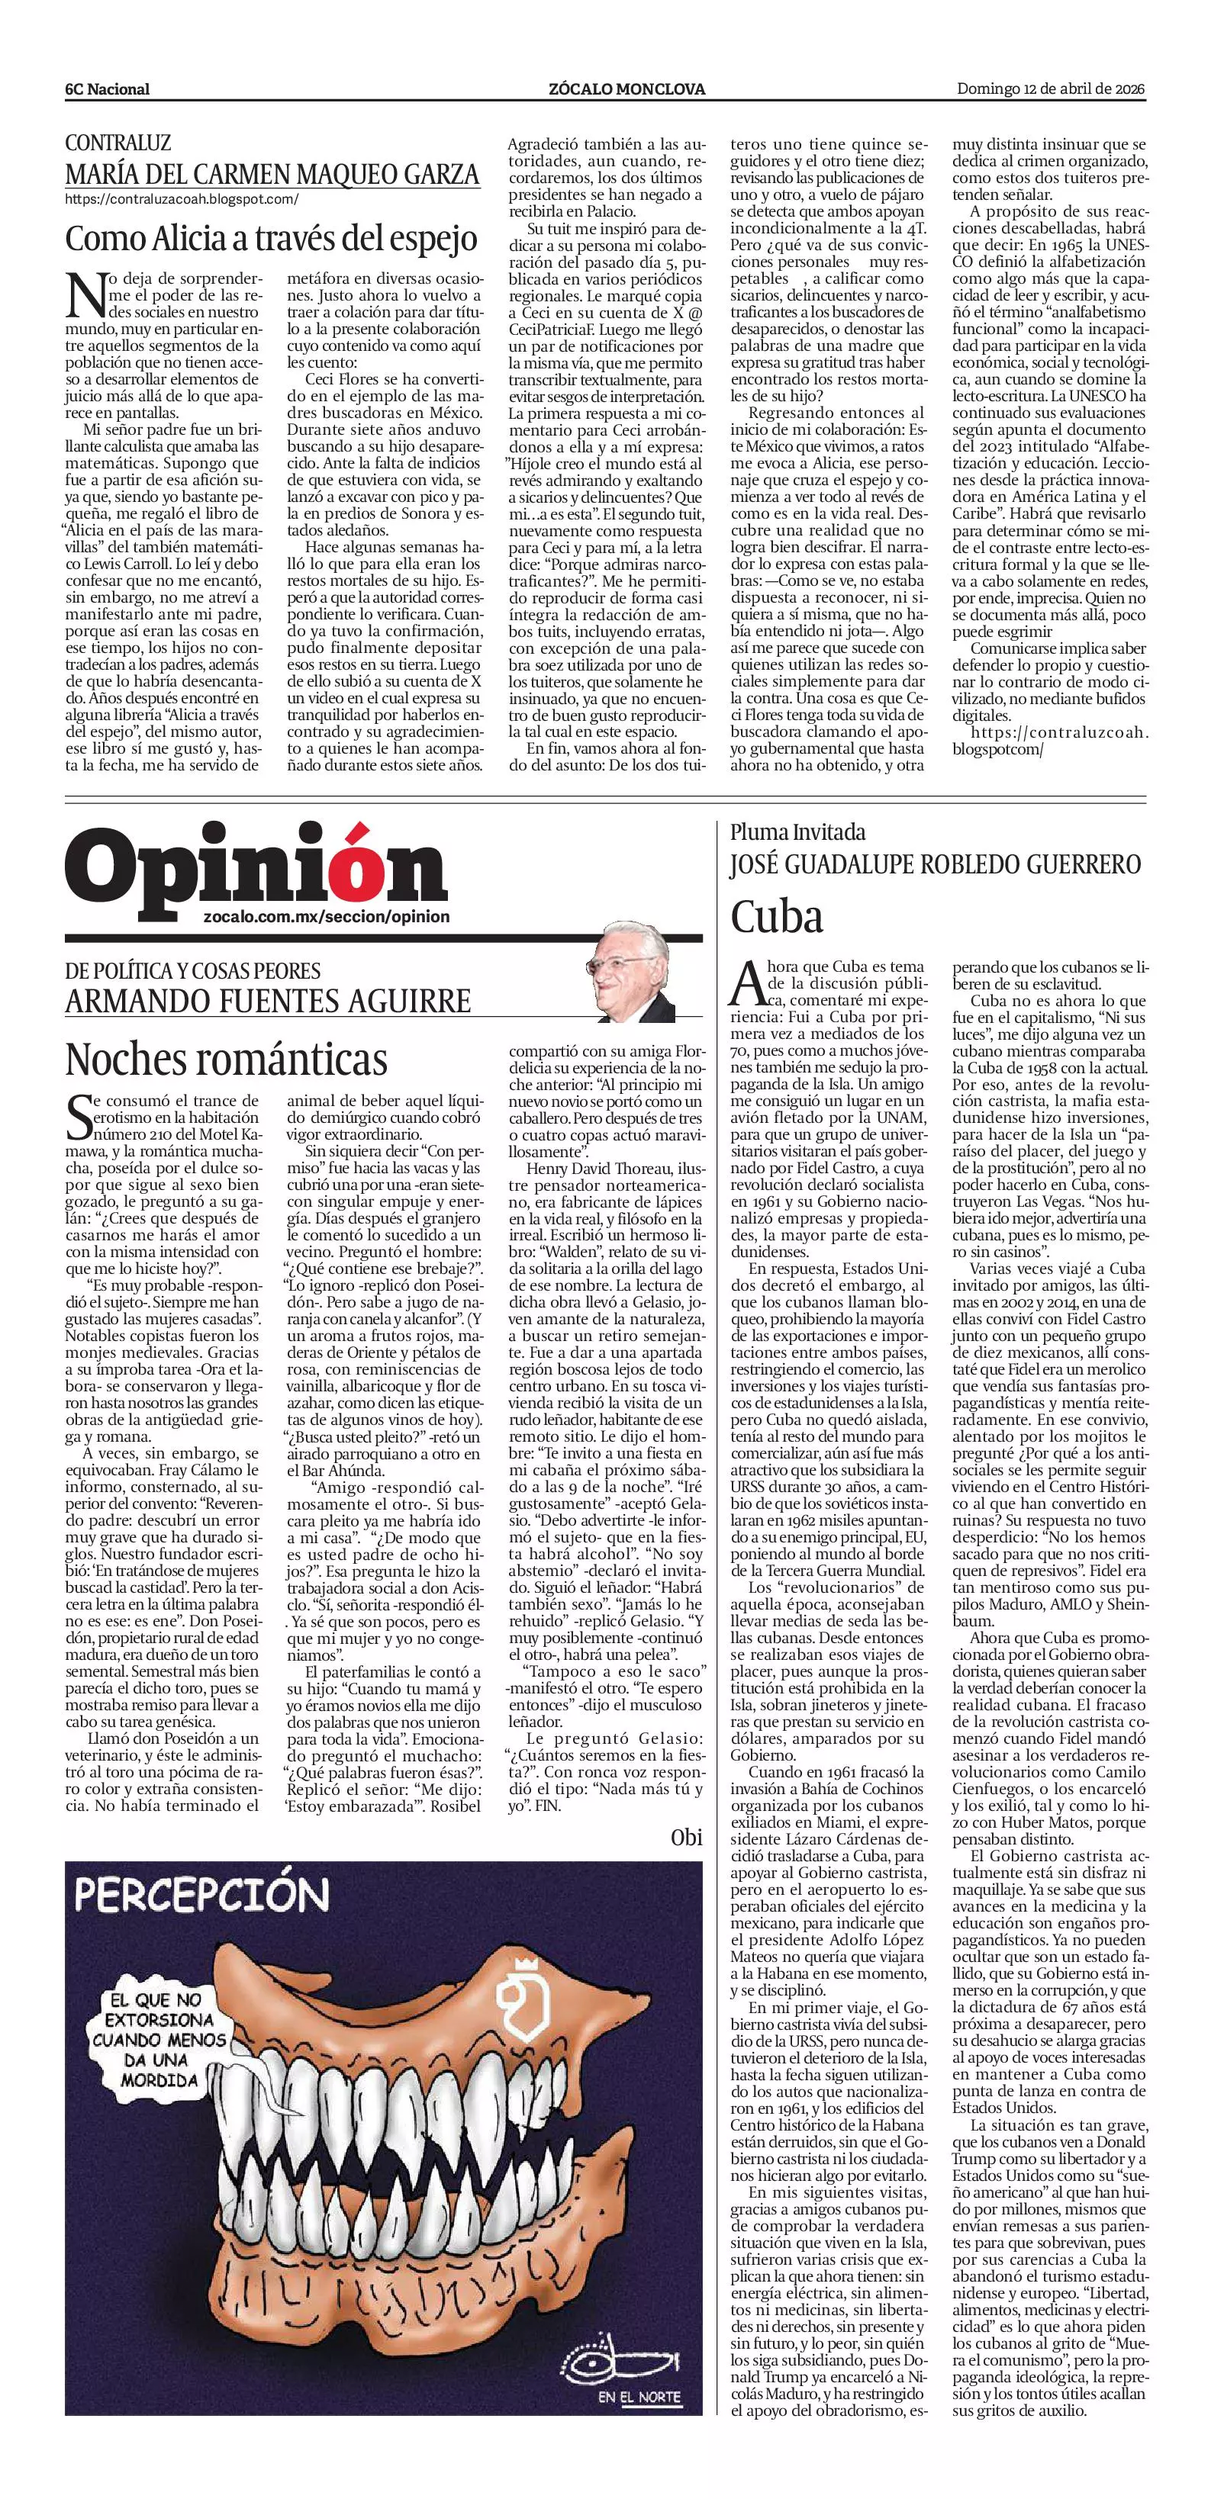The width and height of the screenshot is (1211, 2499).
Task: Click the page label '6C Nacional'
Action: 107,89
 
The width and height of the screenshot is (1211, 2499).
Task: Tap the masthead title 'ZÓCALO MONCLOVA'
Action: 626,89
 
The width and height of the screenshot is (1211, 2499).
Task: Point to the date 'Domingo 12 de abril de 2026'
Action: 1051,89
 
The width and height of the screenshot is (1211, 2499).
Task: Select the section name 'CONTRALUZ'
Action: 118,143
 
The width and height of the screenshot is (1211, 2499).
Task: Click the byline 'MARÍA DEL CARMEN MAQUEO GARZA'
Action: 272,175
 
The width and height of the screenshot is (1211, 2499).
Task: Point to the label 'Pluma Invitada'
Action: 797,832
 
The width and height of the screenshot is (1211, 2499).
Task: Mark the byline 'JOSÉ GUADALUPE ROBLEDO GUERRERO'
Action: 936,864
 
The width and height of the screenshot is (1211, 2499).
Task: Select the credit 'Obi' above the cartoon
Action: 685,1838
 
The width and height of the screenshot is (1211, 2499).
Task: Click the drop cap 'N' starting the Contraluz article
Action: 85,294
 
